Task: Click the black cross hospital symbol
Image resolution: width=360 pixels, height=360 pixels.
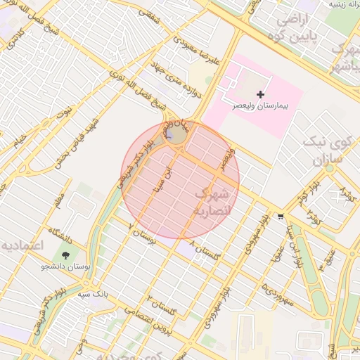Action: tap(261, 94)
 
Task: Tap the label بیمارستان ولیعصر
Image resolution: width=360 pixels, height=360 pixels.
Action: tap(261, 107)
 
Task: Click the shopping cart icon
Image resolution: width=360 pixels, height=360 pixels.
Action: tap(281, 217)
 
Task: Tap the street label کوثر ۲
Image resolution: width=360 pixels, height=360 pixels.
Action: tap(314, 219)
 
